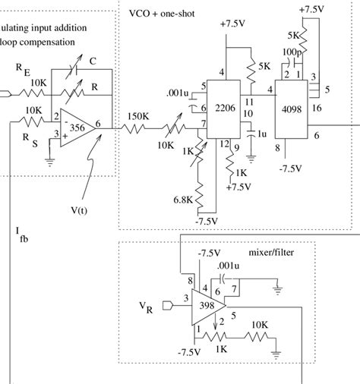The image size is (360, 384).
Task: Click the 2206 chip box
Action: pos(223,109)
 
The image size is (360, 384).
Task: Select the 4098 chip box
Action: pos(292,109)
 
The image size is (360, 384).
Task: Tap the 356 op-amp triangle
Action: pos(77,127)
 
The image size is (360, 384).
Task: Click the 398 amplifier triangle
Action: pos(209,307)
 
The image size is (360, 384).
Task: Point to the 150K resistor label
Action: pos(138,116)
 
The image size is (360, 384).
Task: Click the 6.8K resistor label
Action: pos(183,200)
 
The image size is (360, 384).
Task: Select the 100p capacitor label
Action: pos(292,52)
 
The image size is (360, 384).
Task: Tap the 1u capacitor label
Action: pos(262,134)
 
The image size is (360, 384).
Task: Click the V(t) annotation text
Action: pos(79,210)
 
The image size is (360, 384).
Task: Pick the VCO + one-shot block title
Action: pos(162,14)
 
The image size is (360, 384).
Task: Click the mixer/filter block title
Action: pos(271,253)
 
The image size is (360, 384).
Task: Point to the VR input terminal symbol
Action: pos(167,306)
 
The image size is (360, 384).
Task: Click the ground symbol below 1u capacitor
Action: pos(251,159)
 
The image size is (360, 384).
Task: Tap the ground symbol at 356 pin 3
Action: pos(50,162)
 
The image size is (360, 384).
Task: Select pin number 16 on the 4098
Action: pos(317,109)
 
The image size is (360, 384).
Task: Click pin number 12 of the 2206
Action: pos(224,144)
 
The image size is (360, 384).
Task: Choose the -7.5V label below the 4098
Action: pos(291,168)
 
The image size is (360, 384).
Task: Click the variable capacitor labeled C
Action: pos(74,67)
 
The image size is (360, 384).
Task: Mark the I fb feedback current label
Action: pos(22,234)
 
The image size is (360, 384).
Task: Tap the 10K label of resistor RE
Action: pos(39,83)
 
